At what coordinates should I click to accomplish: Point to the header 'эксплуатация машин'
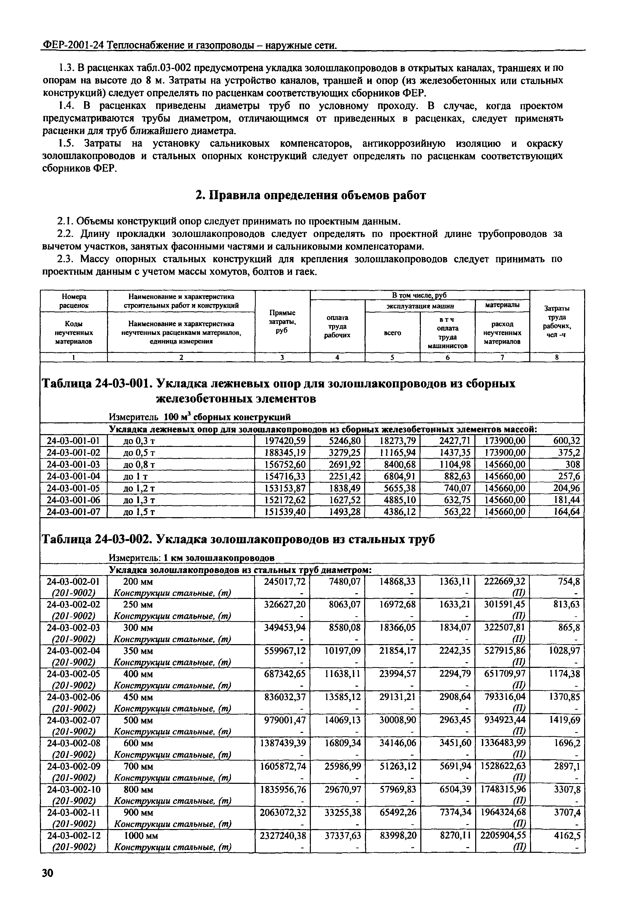point(420,306)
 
